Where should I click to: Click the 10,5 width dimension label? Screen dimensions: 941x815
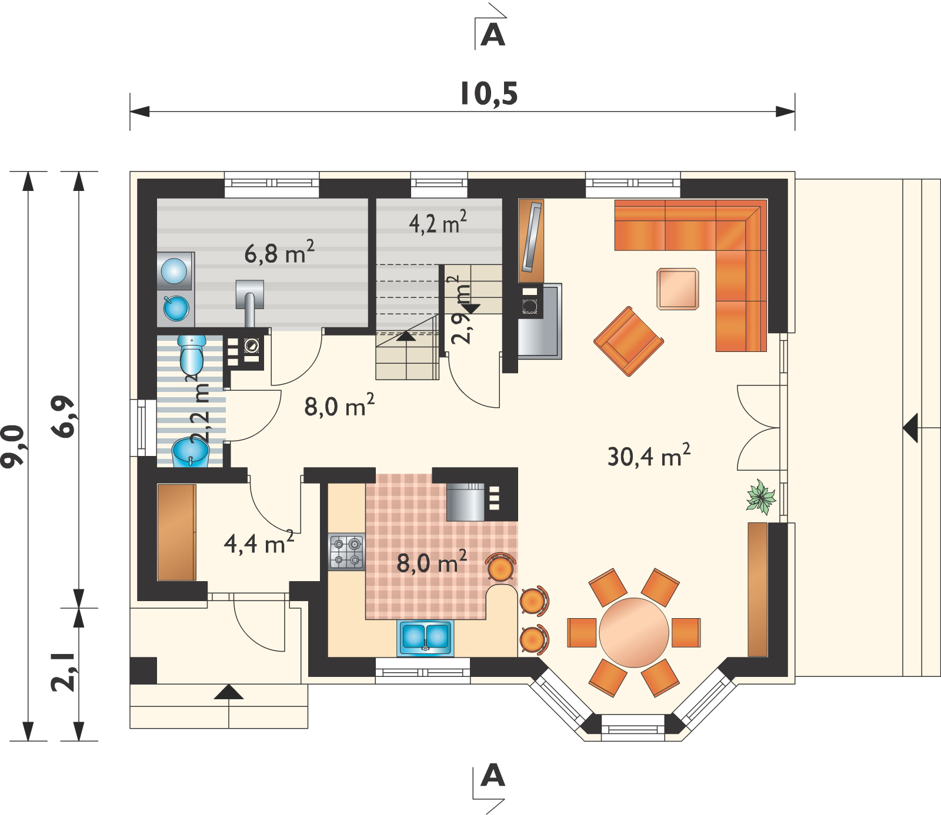489,94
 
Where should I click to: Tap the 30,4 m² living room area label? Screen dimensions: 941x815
649,456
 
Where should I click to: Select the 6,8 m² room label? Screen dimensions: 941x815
279,253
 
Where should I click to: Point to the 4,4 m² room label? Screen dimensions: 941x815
259,543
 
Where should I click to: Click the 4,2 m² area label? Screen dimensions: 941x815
438,223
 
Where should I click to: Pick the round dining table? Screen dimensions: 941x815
634,633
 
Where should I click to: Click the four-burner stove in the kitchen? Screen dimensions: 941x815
346,552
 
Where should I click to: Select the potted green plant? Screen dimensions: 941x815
761,497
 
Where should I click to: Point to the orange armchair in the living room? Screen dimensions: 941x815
629,341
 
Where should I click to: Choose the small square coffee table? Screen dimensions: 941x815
678,289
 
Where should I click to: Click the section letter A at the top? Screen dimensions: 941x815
493,35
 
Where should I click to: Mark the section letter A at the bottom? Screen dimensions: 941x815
493,776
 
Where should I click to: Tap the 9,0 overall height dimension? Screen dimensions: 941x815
13,447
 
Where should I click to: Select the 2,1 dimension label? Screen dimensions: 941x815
64,672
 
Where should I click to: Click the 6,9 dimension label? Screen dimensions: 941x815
64,417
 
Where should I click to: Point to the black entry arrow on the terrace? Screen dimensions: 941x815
910,428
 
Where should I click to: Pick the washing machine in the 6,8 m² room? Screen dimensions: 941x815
175,271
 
